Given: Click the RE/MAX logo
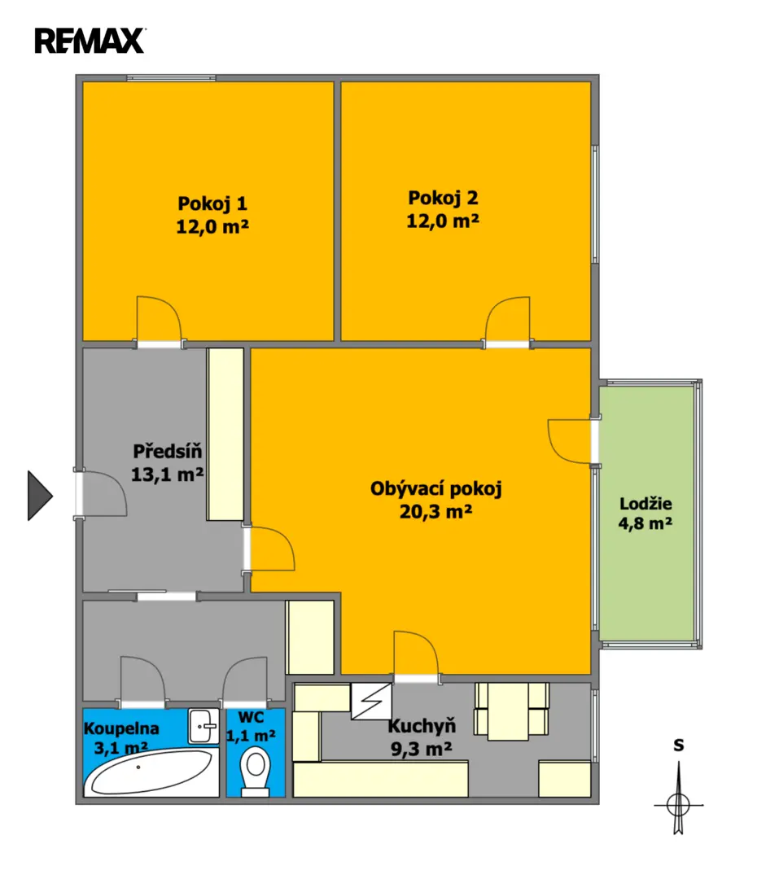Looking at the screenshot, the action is click(90, 41).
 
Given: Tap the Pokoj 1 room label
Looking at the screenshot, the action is click(212, 203).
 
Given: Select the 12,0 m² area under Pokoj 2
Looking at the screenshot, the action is click(443, 221).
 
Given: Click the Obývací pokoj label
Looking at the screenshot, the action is click(435, 489).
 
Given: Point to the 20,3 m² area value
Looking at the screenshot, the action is click(435, 511).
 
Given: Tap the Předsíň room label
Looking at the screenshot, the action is click(167, 451).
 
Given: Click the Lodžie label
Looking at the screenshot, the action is click(646, 504).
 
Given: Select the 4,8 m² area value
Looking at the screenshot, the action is click(646, 523).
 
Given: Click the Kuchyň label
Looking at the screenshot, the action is click(422, 726).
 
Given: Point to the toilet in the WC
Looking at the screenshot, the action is click(255, 772).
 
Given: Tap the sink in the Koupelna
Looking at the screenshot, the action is click(204, 727).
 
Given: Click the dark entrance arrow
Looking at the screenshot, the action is click(40, 496).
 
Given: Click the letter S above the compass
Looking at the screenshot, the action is click(679, 745).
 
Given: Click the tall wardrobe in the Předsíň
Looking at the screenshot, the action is click(225, 435).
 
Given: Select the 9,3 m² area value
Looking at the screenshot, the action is click(421, 749).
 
